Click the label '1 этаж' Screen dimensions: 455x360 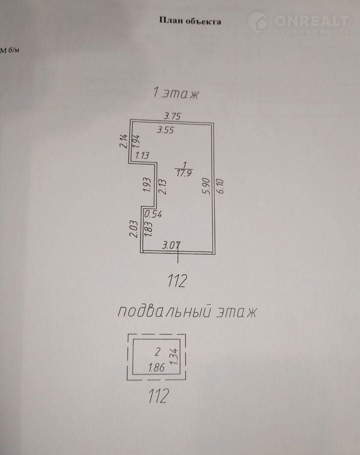coord(175,92)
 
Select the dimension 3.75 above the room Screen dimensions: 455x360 coord(168,116)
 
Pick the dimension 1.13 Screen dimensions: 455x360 coord(142,155)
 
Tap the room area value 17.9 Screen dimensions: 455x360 coord(184,173)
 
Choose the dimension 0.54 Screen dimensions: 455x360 coord(153,214)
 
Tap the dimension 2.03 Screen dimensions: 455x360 coord(133,231)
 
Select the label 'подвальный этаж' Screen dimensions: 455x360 coord(186,312)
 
